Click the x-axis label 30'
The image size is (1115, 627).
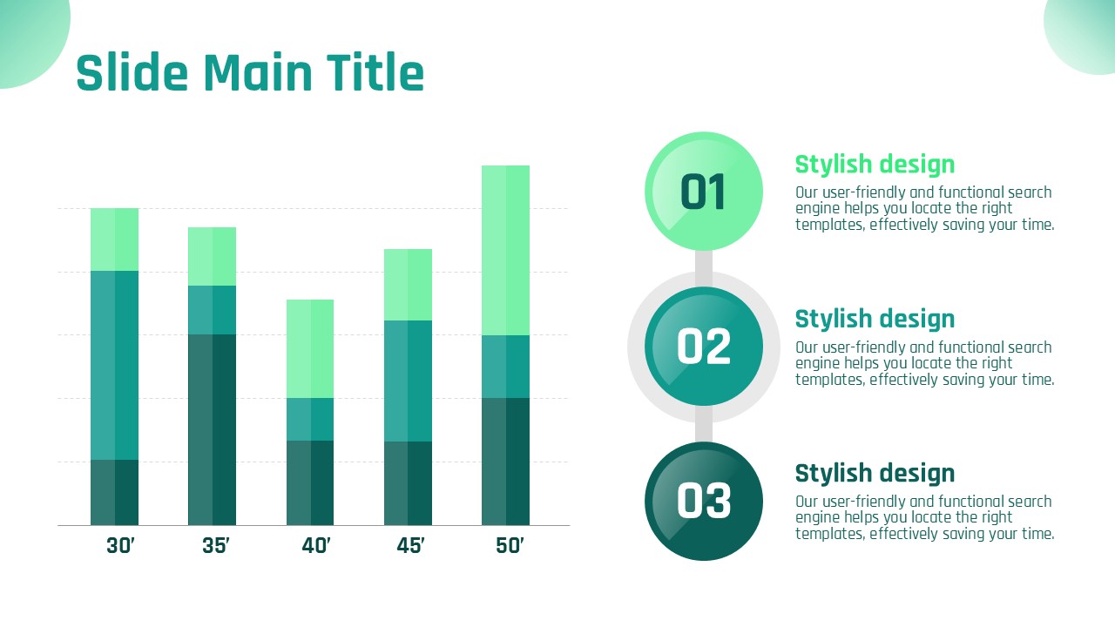tap(120, 545)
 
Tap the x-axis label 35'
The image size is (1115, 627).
tap(216, 545)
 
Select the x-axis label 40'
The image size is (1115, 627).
tap(316, 545)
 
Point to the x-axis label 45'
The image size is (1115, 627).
tap(410, 545)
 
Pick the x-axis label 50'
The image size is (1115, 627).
tap(510, 545)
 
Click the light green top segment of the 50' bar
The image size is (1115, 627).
tap(505, 250)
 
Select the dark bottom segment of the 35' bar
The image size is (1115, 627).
tap(212, 429)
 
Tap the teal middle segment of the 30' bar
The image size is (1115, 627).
tap(114, 365)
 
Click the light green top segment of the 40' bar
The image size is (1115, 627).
tap(310, 348)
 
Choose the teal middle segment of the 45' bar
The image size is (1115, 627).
tap(409, 381)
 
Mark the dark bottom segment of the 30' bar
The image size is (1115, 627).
tap(114, 493)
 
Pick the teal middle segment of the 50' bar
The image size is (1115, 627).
tap(505, 367)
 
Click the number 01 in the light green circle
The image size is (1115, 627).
tap(702, 192)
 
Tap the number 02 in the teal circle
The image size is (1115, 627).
tap(703, 346)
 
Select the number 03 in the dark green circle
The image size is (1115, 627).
tap(703, 501)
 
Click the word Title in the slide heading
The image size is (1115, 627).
tap(375, 72)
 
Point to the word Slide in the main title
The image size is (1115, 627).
tap(132, 72)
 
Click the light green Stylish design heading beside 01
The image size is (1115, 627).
tap(875, 165)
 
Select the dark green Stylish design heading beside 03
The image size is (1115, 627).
tap(875, 473)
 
